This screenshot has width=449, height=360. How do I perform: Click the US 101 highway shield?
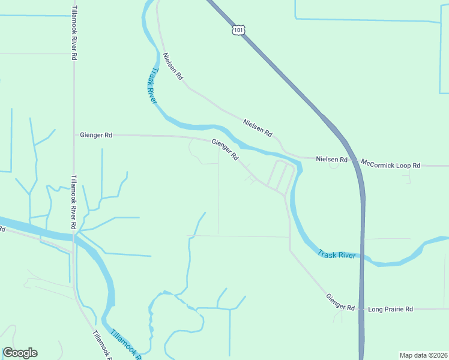238,29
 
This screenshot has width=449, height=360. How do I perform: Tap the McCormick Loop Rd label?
390,163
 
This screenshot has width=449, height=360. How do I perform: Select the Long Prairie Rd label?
391,309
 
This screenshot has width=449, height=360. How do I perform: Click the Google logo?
20,353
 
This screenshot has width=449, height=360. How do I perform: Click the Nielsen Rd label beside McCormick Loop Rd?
332,160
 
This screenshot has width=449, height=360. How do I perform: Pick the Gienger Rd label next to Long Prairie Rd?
340,302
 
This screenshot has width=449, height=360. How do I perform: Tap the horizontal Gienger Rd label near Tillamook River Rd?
96,135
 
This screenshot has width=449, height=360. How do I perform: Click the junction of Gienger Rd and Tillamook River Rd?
74,135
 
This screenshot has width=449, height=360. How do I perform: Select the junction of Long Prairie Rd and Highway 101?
362,309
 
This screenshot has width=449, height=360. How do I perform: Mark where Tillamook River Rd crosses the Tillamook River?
74,236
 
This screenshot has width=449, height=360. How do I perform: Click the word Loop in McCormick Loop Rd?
403,163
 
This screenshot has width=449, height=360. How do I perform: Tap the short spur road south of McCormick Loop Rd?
409,175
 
